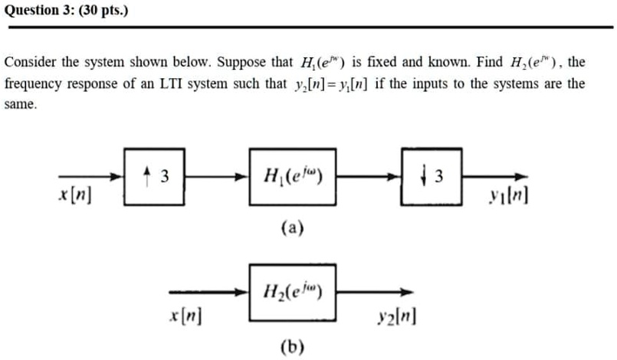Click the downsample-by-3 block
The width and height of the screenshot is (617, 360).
(x=428, y=178)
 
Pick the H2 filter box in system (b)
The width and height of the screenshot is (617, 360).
(x=292, y=291)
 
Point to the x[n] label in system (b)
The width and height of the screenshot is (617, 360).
(x=185, y=314)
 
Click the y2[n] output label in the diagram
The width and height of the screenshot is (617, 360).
(x=396, y=314)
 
